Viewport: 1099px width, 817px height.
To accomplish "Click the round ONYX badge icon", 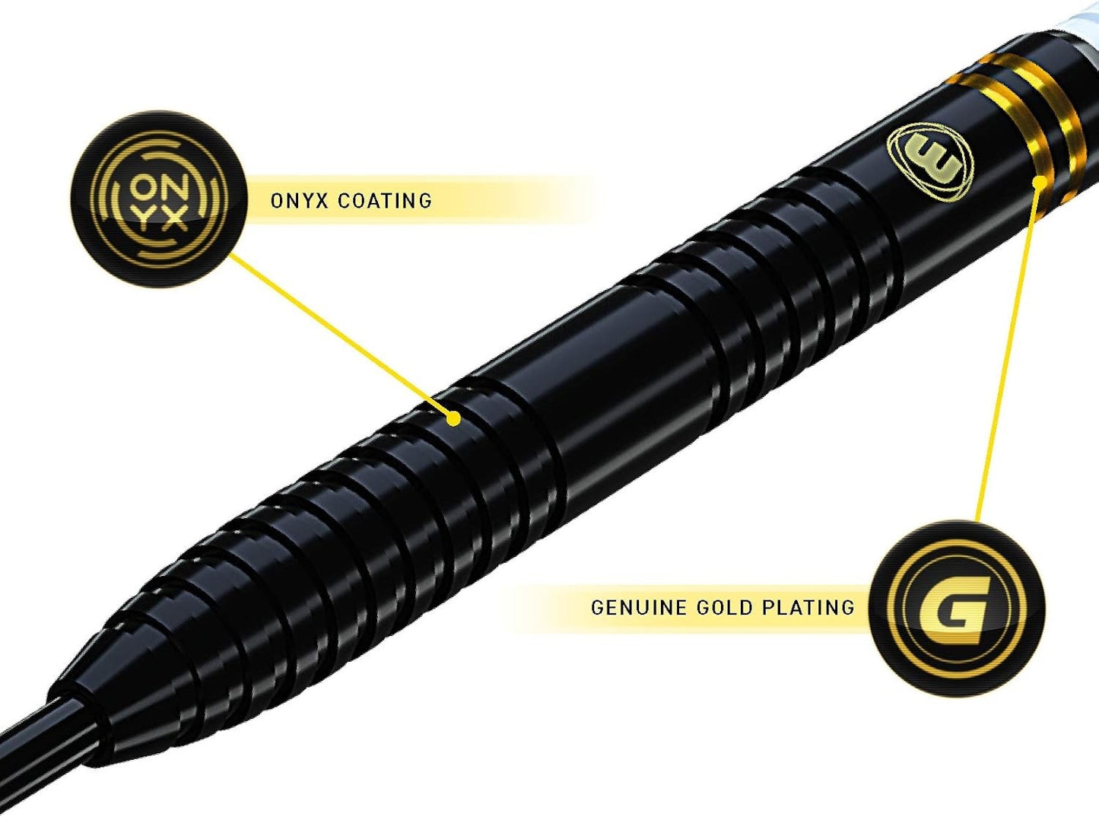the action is coord(158,199).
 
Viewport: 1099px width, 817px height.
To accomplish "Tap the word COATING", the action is coord(385,201).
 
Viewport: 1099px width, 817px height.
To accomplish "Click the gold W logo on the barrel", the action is coord(930,163).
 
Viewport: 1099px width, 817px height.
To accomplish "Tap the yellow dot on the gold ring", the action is coord(1040,181).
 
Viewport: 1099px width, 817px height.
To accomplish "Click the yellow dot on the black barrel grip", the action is coord(453,419).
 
